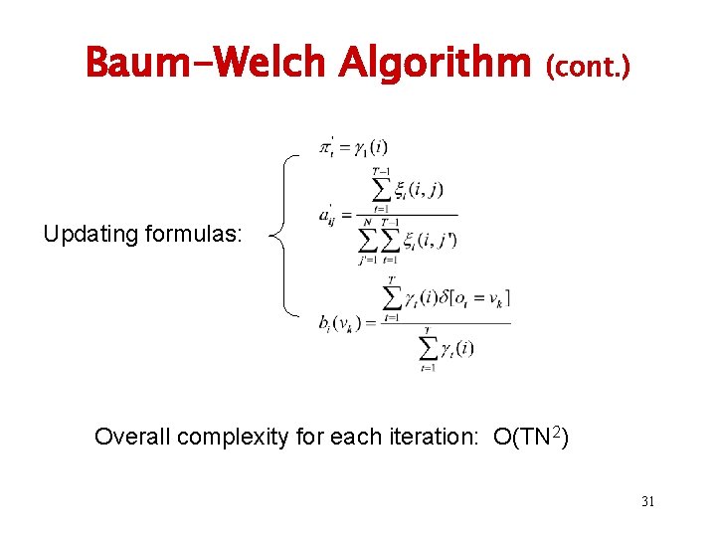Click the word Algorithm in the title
(x=435, y=63)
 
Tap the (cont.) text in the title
(x=588, y=66)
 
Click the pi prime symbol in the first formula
(x=326, y=148)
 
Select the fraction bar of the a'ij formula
(x=408, y=214)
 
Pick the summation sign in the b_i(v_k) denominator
(x=428, y=348)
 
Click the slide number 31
(x=647, y=501)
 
